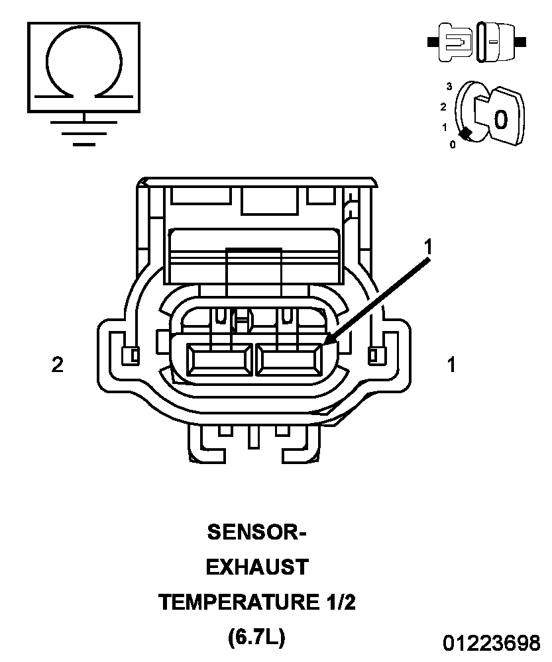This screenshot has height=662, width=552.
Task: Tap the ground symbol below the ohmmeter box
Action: pyautogui.click(x=84, y=130)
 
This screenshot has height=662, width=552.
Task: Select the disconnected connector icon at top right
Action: pyautogui.click(x=476, y=42)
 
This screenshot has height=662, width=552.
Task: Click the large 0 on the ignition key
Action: pyautogui.click(x=501, y=119)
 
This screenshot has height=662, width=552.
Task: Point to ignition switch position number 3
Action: pyautogui.click(x=449, y=87)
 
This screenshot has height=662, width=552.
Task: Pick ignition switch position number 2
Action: pyautogui.click(x=443, y=107)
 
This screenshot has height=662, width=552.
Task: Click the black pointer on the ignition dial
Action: pyautogui.click(x=465, y=134)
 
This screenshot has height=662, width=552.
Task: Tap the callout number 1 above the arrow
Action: pyautogui.click(x=429, y=246)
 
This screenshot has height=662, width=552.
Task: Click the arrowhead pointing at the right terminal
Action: pyautogui.click(x=331, y=338)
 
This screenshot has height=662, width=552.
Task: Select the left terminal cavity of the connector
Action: pyautogui.click(x=219, y=359)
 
